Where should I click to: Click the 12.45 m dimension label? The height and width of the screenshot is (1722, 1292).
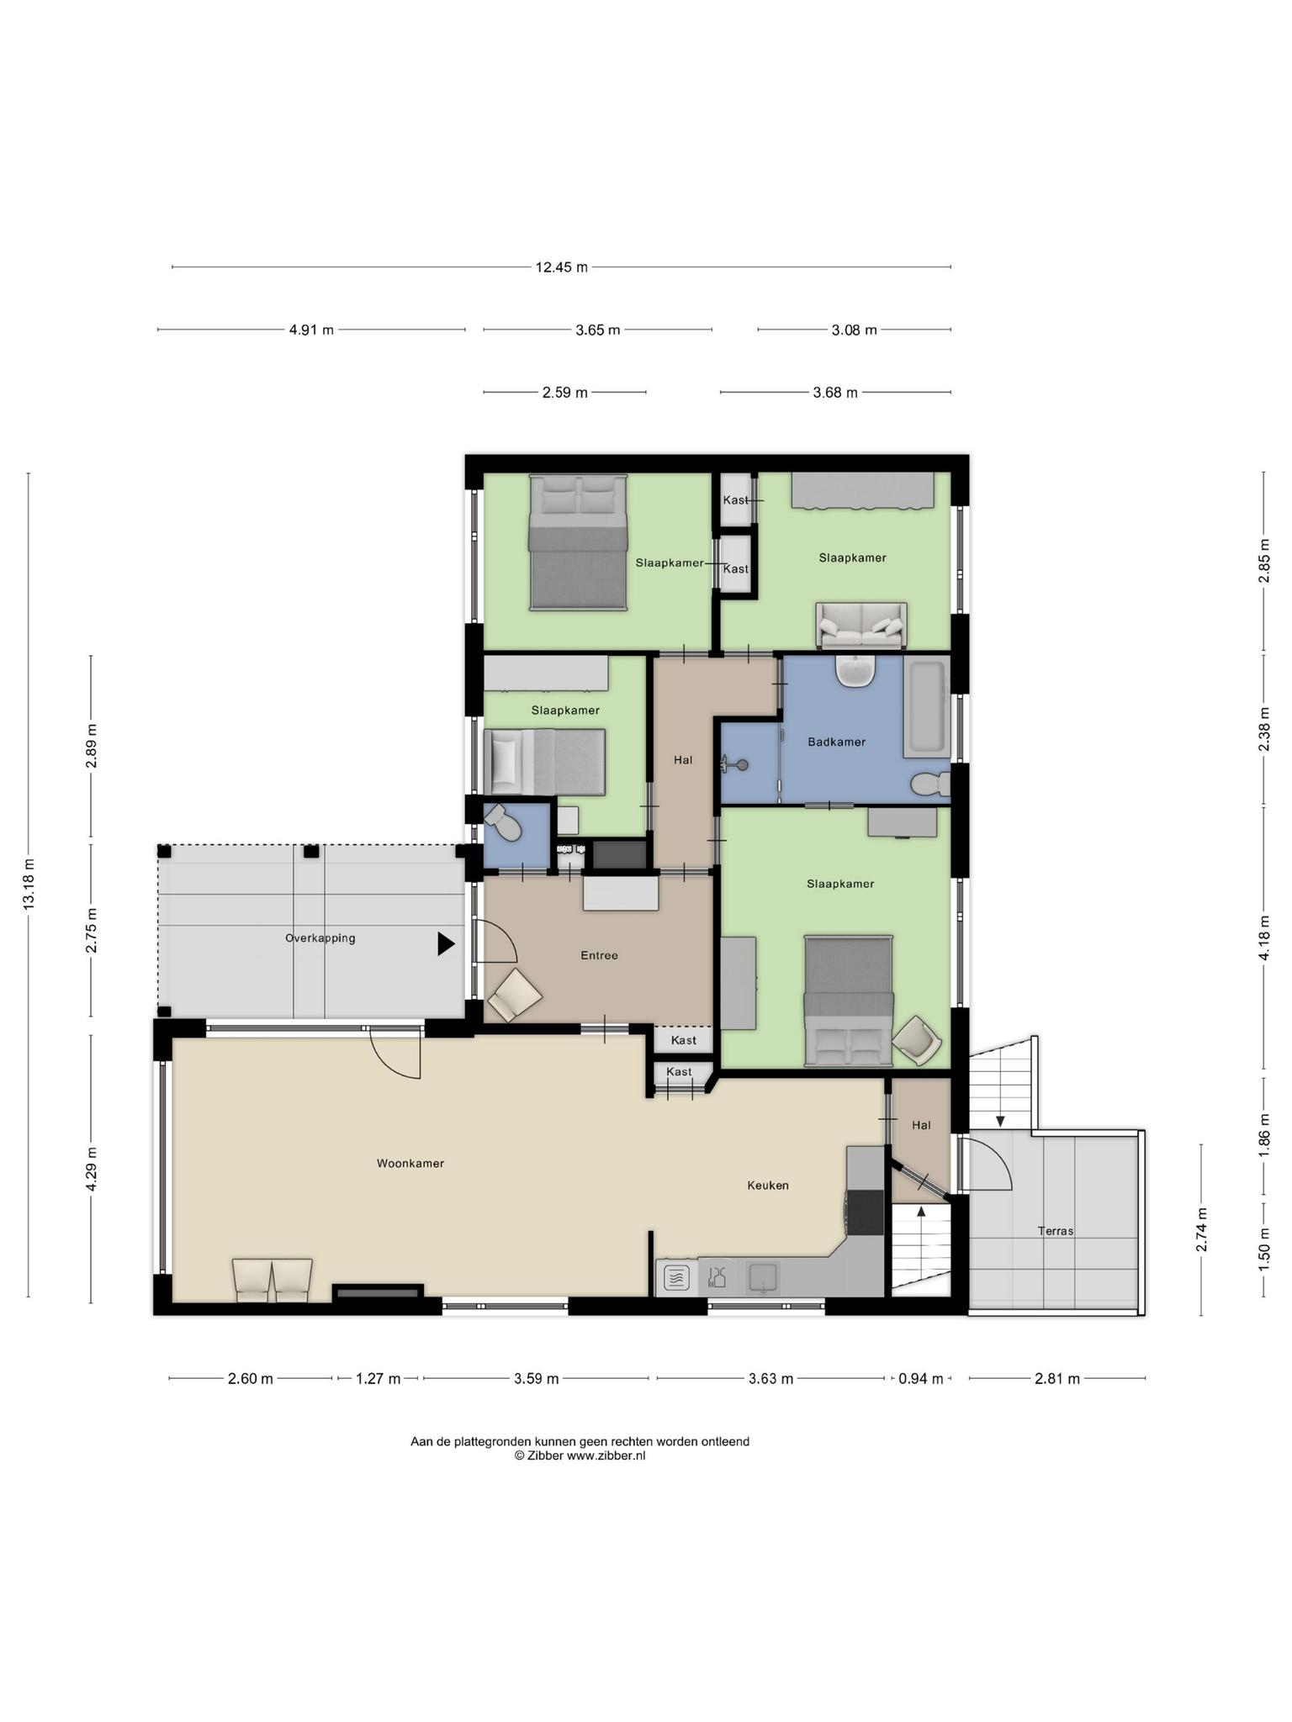point(561,267)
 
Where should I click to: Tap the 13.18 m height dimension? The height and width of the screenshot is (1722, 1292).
point(29,885)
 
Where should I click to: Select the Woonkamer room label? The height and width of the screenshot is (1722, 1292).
point(410,1164)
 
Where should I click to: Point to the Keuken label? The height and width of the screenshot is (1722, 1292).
point(768,1186)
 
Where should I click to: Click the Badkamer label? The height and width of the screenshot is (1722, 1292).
point(836,742)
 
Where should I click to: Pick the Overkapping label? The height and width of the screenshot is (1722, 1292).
point(320,938)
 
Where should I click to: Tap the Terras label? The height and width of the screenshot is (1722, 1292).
point(1056,1231)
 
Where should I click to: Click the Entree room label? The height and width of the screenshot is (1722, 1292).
point(599,955)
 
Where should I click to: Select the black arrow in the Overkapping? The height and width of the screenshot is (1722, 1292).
point(446,944)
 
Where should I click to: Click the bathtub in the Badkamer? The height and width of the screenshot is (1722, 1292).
point(927,705)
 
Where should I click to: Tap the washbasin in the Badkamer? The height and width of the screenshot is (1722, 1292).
point(856,671)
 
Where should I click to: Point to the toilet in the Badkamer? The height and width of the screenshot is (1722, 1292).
point(930,784)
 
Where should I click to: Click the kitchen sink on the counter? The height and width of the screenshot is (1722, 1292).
point(764,1279)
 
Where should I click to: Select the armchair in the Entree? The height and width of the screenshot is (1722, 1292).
point(515,995)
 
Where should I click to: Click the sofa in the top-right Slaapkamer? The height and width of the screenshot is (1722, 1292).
point(861,625)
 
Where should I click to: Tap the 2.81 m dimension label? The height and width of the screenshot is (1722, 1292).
point(1057,1379)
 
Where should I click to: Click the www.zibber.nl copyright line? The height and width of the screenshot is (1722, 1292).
point(580,1455)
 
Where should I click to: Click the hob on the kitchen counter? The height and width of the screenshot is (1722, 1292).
point(677,1279)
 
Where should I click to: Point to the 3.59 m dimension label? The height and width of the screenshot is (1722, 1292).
point(536,1379)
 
